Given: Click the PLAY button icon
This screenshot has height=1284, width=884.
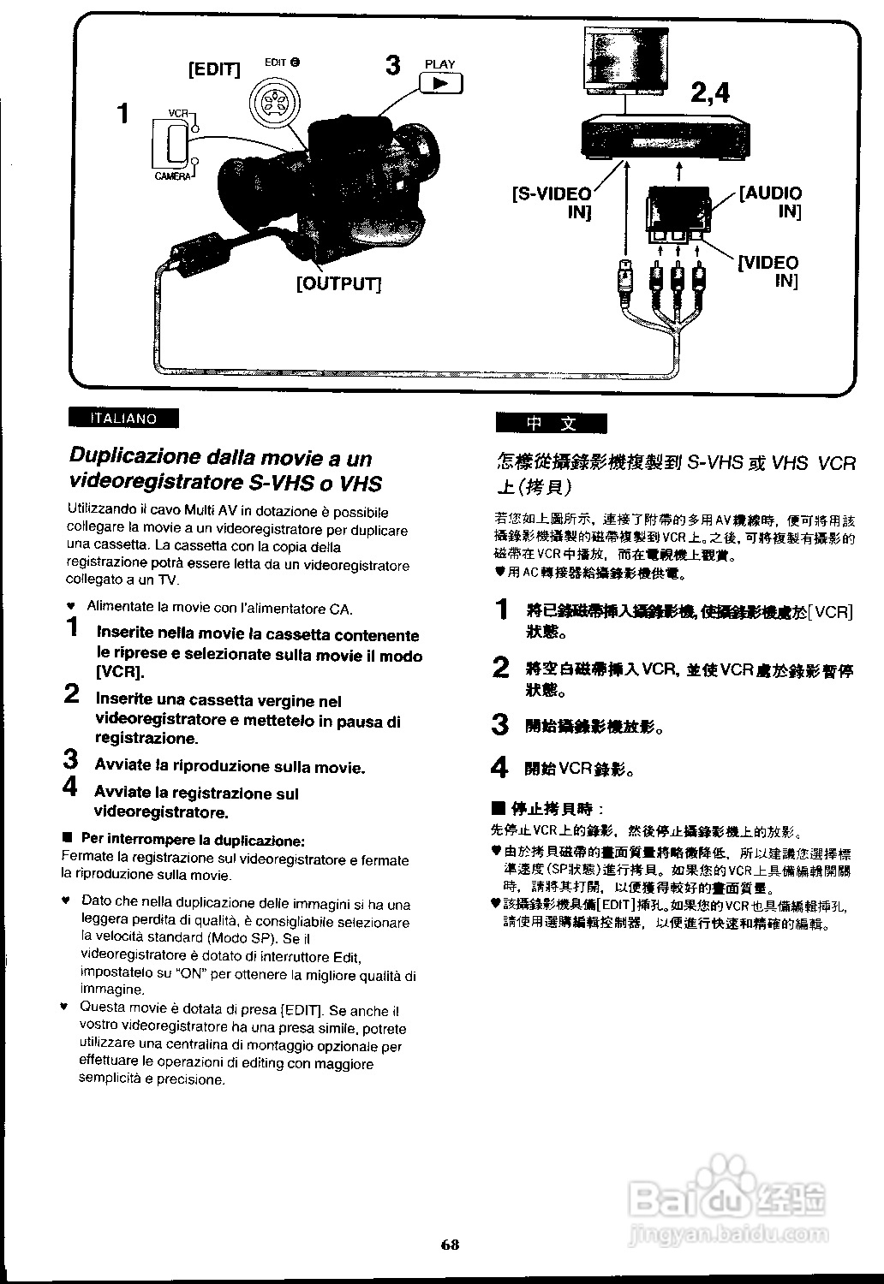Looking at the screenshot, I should (x=441, y=83).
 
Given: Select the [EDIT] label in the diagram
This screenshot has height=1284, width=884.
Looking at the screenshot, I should (x=214, y=69).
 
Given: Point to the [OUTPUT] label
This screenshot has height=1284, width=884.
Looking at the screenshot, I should (x=338, y=283).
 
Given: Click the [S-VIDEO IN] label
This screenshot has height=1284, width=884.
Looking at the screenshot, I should (x=553, y=203).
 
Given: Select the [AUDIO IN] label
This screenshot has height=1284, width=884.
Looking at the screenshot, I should (x=771, y=202).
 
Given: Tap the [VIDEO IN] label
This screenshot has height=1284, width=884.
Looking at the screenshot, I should (x=768, y=271).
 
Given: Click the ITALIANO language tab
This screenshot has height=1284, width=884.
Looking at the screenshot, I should (x=124, y=419).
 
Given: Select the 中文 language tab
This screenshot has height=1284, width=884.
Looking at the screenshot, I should (x=551, y=424).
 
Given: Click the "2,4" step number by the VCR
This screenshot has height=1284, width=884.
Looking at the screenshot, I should (x=710, y=92).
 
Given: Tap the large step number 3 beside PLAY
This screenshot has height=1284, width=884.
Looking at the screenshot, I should (x=393, y=65).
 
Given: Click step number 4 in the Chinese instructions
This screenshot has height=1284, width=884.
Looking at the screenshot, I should (x=500, y=767).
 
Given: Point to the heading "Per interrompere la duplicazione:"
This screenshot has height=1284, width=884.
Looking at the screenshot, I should (x=192, y=839).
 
